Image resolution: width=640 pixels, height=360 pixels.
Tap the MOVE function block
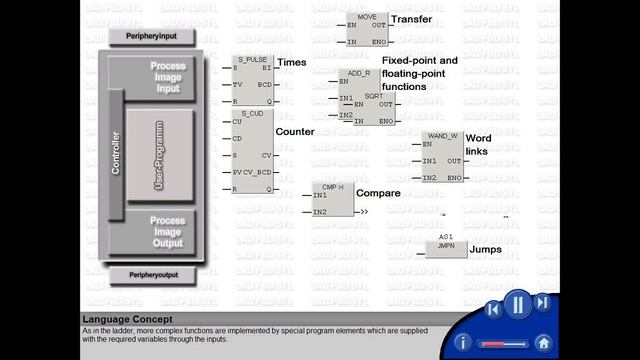pos(365,30)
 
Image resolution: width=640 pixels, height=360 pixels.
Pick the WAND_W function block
pos(441,156)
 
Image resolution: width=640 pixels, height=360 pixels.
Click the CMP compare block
pos(333,199)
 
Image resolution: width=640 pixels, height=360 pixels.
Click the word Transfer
pos(412,19)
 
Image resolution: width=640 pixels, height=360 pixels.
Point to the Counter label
pos(295,131)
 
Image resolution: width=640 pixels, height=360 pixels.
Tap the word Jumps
pos(486,249)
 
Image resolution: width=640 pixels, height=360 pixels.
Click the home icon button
pos(543,342)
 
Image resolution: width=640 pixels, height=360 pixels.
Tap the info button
pos(462,342)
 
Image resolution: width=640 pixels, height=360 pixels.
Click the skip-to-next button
pos(542,302)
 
